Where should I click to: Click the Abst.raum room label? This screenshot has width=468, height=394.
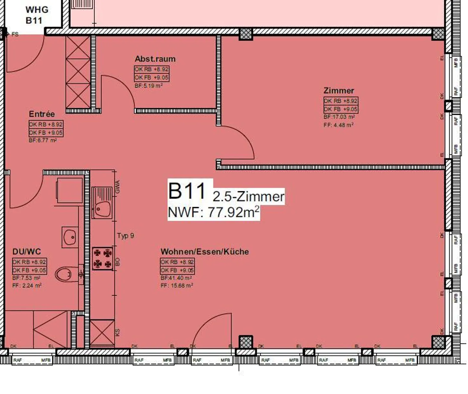(155, 59)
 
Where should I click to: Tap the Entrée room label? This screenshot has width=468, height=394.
(42, 114)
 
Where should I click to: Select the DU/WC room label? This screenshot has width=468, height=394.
(27, 252)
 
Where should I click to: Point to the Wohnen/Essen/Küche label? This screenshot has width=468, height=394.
(204, 252)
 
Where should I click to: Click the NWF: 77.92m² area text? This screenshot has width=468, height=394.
(213, 212)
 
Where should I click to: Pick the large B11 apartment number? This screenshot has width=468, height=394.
(187, 191)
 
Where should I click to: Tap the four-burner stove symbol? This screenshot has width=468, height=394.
(102, 258)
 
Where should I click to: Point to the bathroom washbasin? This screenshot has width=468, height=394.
(70, 237)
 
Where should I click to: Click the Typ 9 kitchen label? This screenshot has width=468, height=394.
(125, 236)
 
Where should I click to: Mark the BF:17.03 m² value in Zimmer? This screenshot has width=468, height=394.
(339, 117)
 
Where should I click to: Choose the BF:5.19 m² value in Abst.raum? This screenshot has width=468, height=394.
(149, 86)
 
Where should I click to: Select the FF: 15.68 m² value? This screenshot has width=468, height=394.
(177, 286)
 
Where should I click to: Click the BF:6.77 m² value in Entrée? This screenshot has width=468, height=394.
(43, 140)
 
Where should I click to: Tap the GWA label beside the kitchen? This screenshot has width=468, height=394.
(118, 187)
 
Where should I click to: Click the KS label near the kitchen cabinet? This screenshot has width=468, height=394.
(118, 332)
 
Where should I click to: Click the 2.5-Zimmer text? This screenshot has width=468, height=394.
(249, 197)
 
